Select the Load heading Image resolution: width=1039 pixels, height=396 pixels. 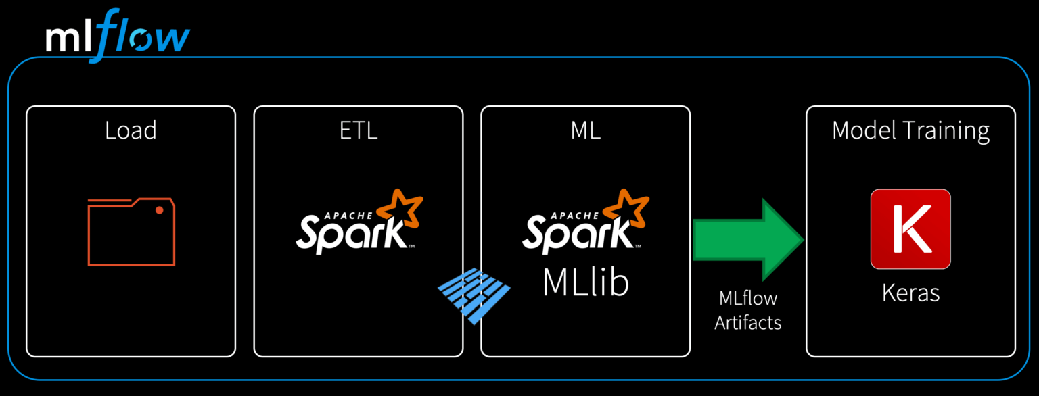pos(131,130)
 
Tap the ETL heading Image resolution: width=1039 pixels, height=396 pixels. pos(359,130)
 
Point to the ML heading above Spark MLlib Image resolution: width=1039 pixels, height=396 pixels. pos(586,130)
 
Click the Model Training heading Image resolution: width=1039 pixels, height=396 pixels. pos(910,130)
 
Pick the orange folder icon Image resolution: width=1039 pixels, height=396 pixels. pos(131,232)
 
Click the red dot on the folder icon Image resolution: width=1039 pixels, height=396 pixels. pos(160,210)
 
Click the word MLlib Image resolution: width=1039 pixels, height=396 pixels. pos(586,283)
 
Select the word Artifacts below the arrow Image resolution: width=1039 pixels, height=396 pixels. pos(748,322)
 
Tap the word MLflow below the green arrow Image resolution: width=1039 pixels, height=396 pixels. pos(748,298)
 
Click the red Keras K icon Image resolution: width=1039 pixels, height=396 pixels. pos(910,228)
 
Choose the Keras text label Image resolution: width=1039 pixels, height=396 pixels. pos(910,293)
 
